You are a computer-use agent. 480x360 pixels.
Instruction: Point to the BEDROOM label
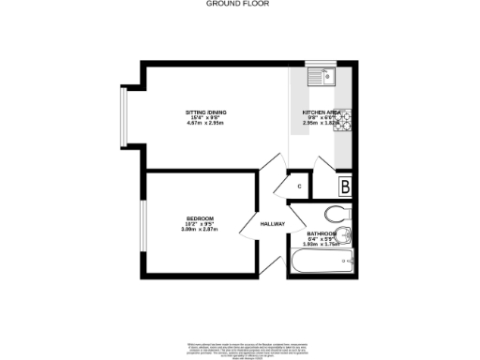(200, 218)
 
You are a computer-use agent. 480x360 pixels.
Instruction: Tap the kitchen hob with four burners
(344, 119)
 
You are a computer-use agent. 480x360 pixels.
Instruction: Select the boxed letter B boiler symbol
(345, 186)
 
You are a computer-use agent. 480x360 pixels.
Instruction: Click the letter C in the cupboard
(299, 187)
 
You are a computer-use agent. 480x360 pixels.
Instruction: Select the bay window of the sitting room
(122, 119)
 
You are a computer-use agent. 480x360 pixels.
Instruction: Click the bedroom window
(142, 226)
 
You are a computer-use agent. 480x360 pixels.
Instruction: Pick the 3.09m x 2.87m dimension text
(200, 230)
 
